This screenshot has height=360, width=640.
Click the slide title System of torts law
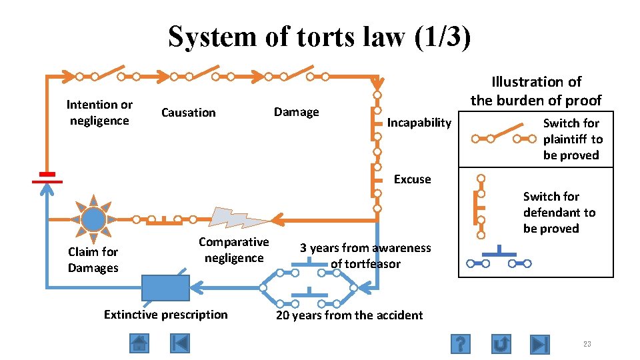coord(319,37)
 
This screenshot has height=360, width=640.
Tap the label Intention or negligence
coord(99,113)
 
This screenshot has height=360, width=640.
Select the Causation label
coord(189,113)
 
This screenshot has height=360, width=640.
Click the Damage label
coord(296,112)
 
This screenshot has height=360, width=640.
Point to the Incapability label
coord(419,123)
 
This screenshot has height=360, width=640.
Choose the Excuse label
coord(412,179)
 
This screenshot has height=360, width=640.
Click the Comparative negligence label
coord(233,250)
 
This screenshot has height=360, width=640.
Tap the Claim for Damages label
coord(93,260)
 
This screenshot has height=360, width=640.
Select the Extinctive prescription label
coord(165,315)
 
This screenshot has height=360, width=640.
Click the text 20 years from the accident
coord(349,315)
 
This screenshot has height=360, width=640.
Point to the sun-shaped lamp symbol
coord(94,219)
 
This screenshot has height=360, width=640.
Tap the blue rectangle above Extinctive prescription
coord(165,287)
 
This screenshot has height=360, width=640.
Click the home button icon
coord(139,344)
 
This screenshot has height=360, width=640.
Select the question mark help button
coord(461,344)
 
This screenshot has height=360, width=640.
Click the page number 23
coord(587,344)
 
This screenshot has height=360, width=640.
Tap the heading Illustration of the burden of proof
coord(536,91)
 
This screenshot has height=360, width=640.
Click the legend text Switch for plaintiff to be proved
coord(572,139)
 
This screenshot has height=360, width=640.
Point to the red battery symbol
coord(47,177)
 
